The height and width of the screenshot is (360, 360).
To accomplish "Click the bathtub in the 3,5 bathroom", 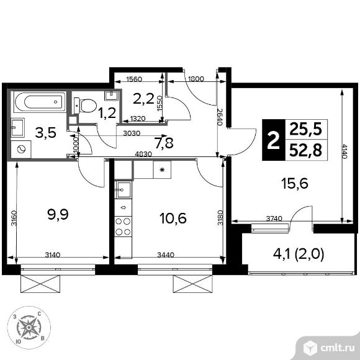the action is point(40,102).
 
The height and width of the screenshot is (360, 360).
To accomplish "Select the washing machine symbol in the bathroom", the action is point(21,149).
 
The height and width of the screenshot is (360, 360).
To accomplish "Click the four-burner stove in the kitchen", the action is point(123,227).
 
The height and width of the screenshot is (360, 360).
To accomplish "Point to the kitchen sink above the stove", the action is point(124,190).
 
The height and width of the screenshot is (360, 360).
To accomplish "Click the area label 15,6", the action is point(295,184).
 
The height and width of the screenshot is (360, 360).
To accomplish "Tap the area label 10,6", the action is point(173,218).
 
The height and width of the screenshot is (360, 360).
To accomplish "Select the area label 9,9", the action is point(58,215).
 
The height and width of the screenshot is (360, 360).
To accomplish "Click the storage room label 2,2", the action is point(143,99).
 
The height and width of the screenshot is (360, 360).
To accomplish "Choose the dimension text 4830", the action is point(143,154).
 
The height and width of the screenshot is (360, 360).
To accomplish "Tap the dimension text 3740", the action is point(274,218).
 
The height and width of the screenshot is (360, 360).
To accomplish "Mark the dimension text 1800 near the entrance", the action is point(196,79).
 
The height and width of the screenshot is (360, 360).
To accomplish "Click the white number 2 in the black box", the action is point(274,140).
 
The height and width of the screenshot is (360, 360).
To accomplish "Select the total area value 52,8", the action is point(305,151).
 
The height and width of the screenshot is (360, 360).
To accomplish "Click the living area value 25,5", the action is point(306,129).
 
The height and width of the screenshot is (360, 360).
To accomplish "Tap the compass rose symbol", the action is point(29,327).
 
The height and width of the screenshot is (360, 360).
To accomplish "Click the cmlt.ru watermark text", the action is point(337,348).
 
